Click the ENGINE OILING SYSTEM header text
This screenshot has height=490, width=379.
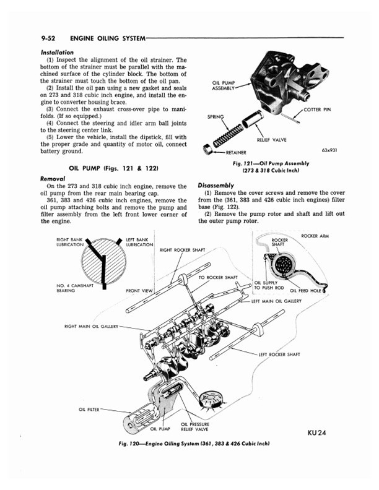click(x=107, y=38)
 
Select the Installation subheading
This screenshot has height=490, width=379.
click(x=56, y=52)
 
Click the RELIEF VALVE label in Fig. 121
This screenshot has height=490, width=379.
click(x=272, y=140)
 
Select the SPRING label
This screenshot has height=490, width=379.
click(x=216, y=116)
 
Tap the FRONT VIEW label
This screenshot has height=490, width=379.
click(x=139, y=290)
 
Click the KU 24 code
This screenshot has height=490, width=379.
click(x=316, y=432)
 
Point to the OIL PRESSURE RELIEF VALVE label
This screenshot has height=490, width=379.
click(x=194, y=427)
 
